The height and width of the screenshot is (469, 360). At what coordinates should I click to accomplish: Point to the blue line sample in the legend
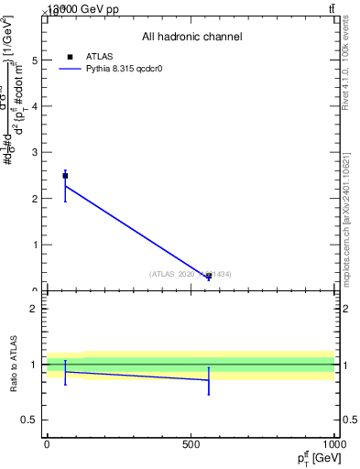click(x=70, y=69)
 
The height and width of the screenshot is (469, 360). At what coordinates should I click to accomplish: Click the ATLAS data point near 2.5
click(x=65, y=175)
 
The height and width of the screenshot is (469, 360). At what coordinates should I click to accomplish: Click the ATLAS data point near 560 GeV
click(x=209, y=276)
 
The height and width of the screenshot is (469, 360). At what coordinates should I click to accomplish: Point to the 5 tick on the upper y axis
click(x=36, y=60)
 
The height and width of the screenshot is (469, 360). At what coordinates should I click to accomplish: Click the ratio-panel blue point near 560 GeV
click(x=209, y=380)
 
